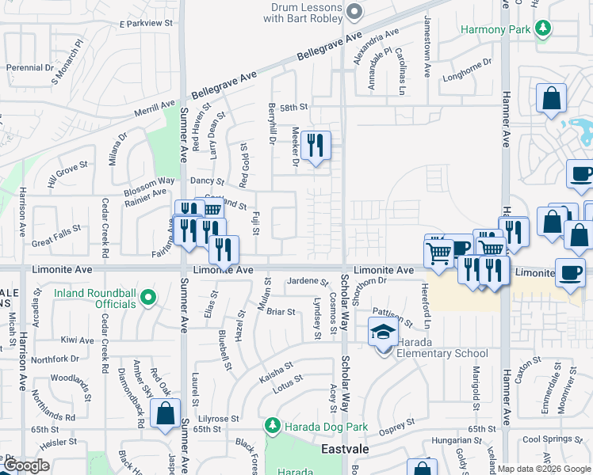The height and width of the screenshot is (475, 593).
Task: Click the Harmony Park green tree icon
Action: (543, 29)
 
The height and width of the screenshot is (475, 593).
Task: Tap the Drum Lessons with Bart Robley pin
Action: (354, 12)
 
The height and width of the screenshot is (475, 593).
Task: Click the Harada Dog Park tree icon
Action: (273, 427)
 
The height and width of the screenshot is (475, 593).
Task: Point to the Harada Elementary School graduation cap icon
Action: (383, 332)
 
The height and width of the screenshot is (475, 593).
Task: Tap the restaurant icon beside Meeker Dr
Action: (316, 145)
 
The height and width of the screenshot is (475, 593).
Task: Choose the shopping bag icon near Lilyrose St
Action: (165, 414)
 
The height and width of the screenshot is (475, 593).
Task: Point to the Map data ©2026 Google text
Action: (544, 469)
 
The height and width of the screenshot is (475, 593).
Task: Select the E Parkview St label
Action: (145, 24)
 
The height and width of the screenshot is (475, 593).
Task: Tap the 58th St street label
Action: (293, 107)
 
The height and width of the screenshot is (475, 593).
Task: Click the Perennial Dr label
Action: (29, 68)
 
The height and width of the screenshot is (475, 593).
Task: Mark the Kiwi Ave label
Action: (77, 340)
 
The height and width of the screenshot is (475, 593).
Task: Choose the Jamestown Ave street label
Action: (427, 46)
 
